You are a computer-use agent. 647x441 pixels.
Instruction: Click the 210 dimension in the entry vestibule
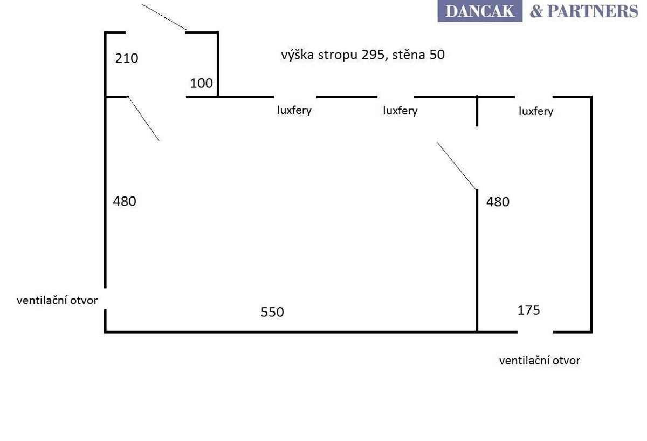[127, 58]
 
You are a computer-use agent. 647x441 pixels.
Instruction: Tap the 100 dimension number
[201, 83]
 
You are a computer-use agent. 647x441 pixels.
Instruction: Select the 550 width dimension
[272, 312]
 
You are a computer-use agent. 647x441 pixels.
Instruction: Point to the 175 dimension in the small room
[528, 310]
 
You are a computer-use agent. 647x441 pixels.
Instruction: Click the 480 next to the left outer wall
[125, 201]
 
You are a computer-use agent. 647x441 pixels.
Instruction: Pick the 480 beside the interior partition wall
[498, 202]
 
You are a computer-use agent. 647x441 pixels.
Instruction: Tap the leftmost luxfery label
[294, 110]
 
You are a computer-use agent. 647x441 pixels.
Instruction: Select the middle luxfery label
[400, 111]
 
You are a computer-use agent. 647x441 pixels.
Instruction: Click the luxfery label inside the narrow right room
[536, 111]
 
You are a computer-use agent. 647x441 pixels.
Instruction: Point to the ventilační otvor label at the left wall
[57, 301]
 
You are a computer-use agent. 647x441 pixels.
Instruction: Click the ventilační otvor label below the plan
[540, 361]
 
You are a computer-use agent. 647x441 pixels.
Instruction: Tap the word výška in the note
[298, 55]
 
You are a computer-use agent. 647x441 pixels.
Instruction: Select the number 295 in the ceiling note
[374, 55]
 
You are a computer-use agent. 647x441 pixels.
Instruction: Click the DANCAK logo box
[480, 11]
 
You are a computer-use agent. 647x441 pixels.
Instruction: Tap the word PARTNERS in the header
[593, 11]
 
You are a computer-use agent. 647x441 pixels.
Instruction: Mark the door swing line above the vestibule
[164, 17]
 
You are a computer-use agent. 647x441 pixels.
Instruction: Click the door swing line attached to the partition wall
[456, 166]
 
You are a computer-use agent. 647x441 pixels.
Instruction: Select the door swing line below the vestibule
[143, 119]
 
